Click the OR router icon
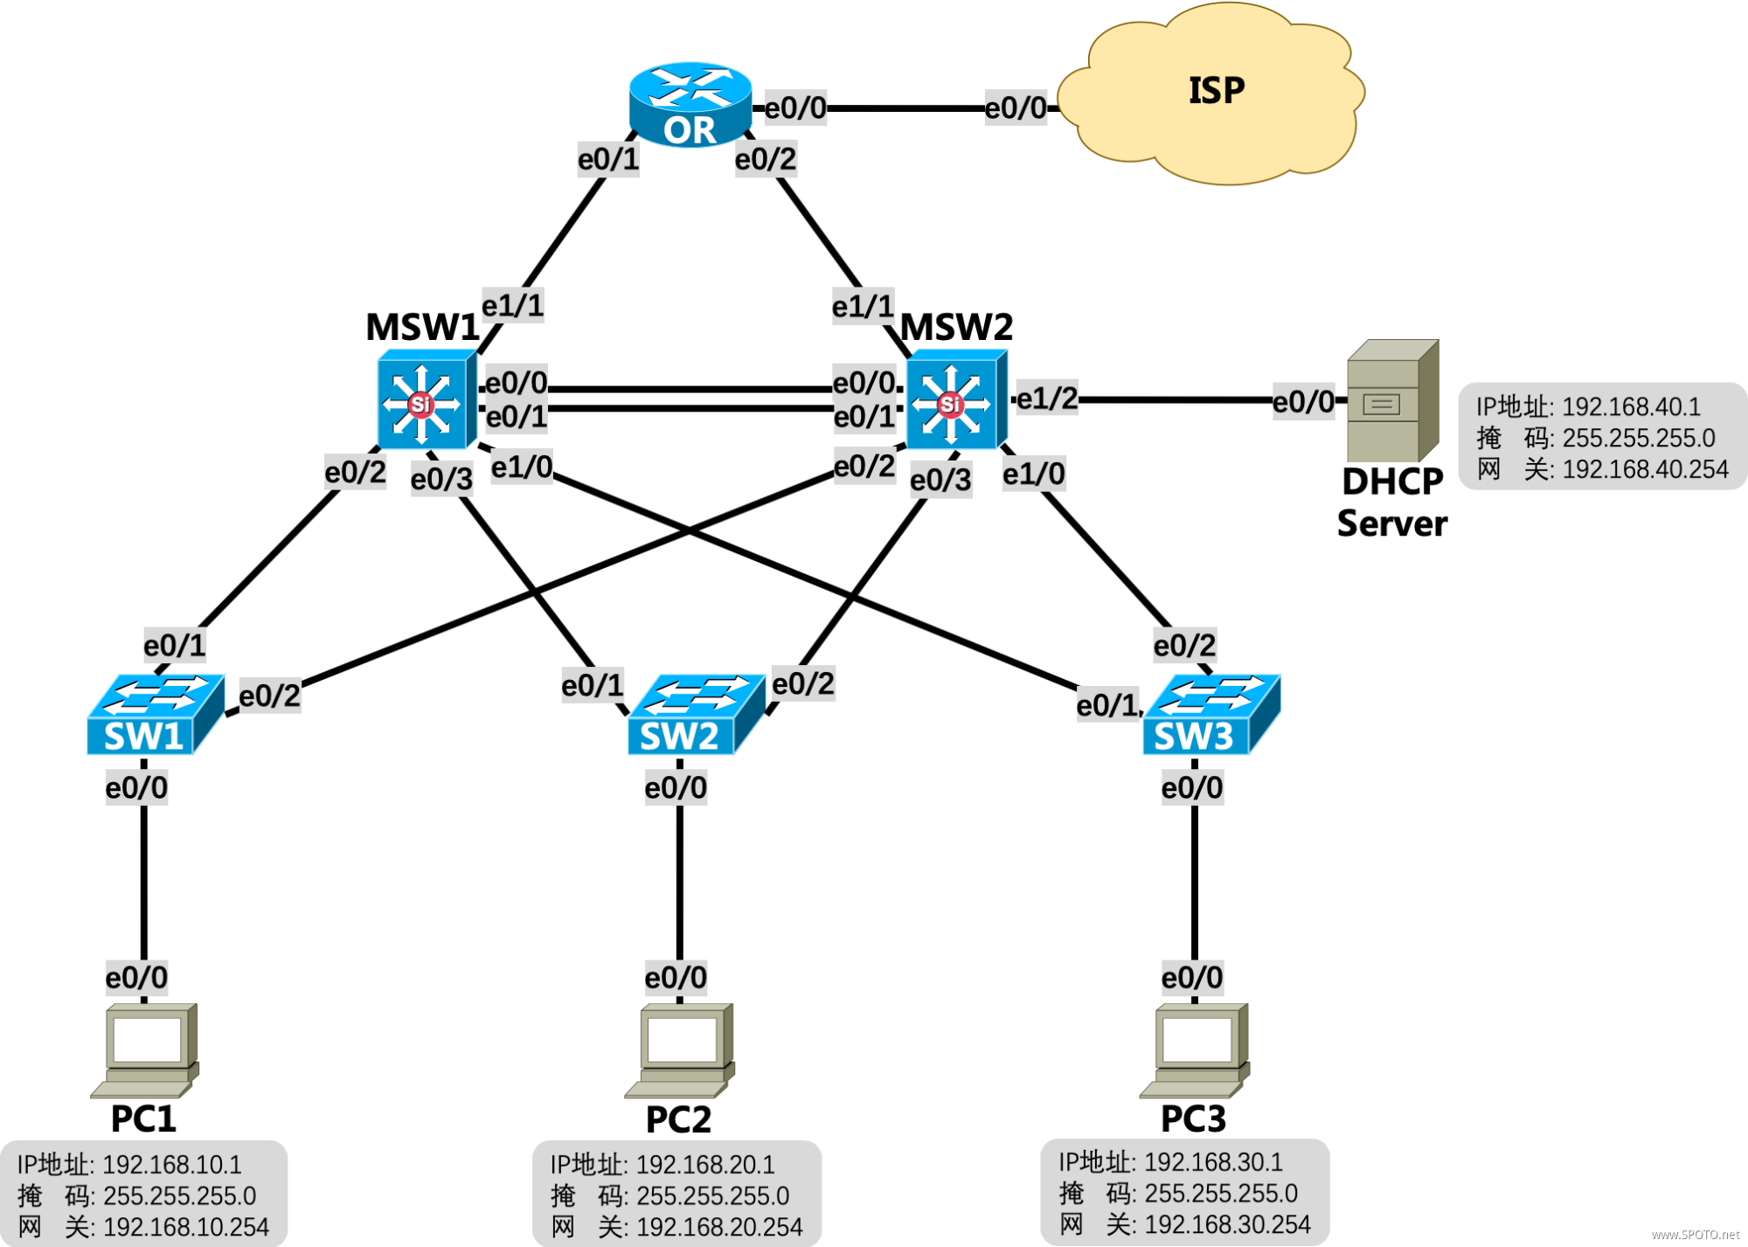[x=690, y=103]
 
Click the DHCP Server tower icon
[x=1392, y=401]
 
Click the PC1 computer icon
[x=145, y=1050]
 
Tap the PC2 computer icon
[x=680, y=1050]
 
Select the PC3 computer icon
[x=1195, y=1050]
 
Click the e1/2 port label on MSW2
[x=1047, y=398]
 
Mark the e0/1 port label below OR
[x=608, y=160]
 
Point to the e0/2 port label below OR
[x=766, y=160]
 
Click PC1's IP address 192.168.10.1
[x=171, y=1165]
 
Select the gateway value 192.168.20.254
[x=718, y=1227]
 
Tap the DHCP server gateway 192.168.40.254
[x=1645, y=470]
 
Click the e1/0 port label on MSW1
[x=522, y=468]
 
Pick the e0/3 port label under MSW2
[x=940, y=480]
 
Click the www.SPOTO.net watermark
[x=1695, y=1235]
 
